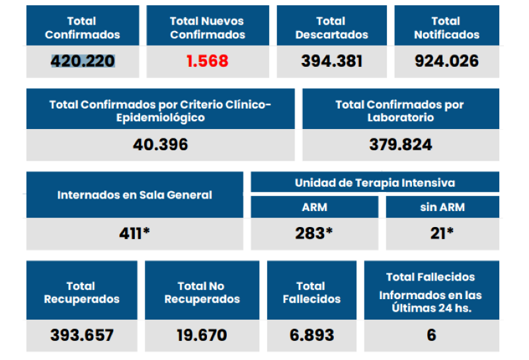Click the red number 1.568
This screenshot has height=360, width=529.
click(207, 62)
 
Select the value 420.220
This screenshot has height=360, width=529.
click(83, 62)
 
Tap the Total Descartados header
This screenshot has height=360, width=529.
click(331, 28)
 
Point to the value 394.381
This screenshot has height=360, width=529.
click(331, 62)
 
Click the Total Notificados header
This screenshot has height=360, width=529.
click(446, 28)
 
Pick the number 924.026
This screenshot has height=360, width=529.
click(446, 62)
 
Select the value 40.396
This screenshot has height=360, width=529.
click(160, 144)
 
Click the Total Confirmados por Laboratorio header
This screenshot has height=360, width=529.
click(400, 111)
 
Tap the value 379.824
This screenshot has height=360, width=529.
click(400, 144)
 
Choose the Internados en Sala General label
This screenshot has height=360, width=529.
click(135, 195)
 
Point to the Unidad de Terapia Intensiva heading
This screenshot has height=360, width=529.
click(375, 183)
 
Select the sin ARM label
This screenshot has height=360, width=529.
click(442, 207)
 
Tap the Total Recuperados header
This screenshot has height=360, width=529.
click(81, 292)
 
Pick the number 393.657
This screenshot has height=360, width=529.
click(81, 335)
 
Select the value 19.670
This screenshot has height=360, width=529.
click(202, 335)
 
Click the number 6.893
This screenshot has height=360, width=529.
click(311, 335)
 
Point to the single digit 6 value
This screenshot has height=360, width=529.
click(431, 335)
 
